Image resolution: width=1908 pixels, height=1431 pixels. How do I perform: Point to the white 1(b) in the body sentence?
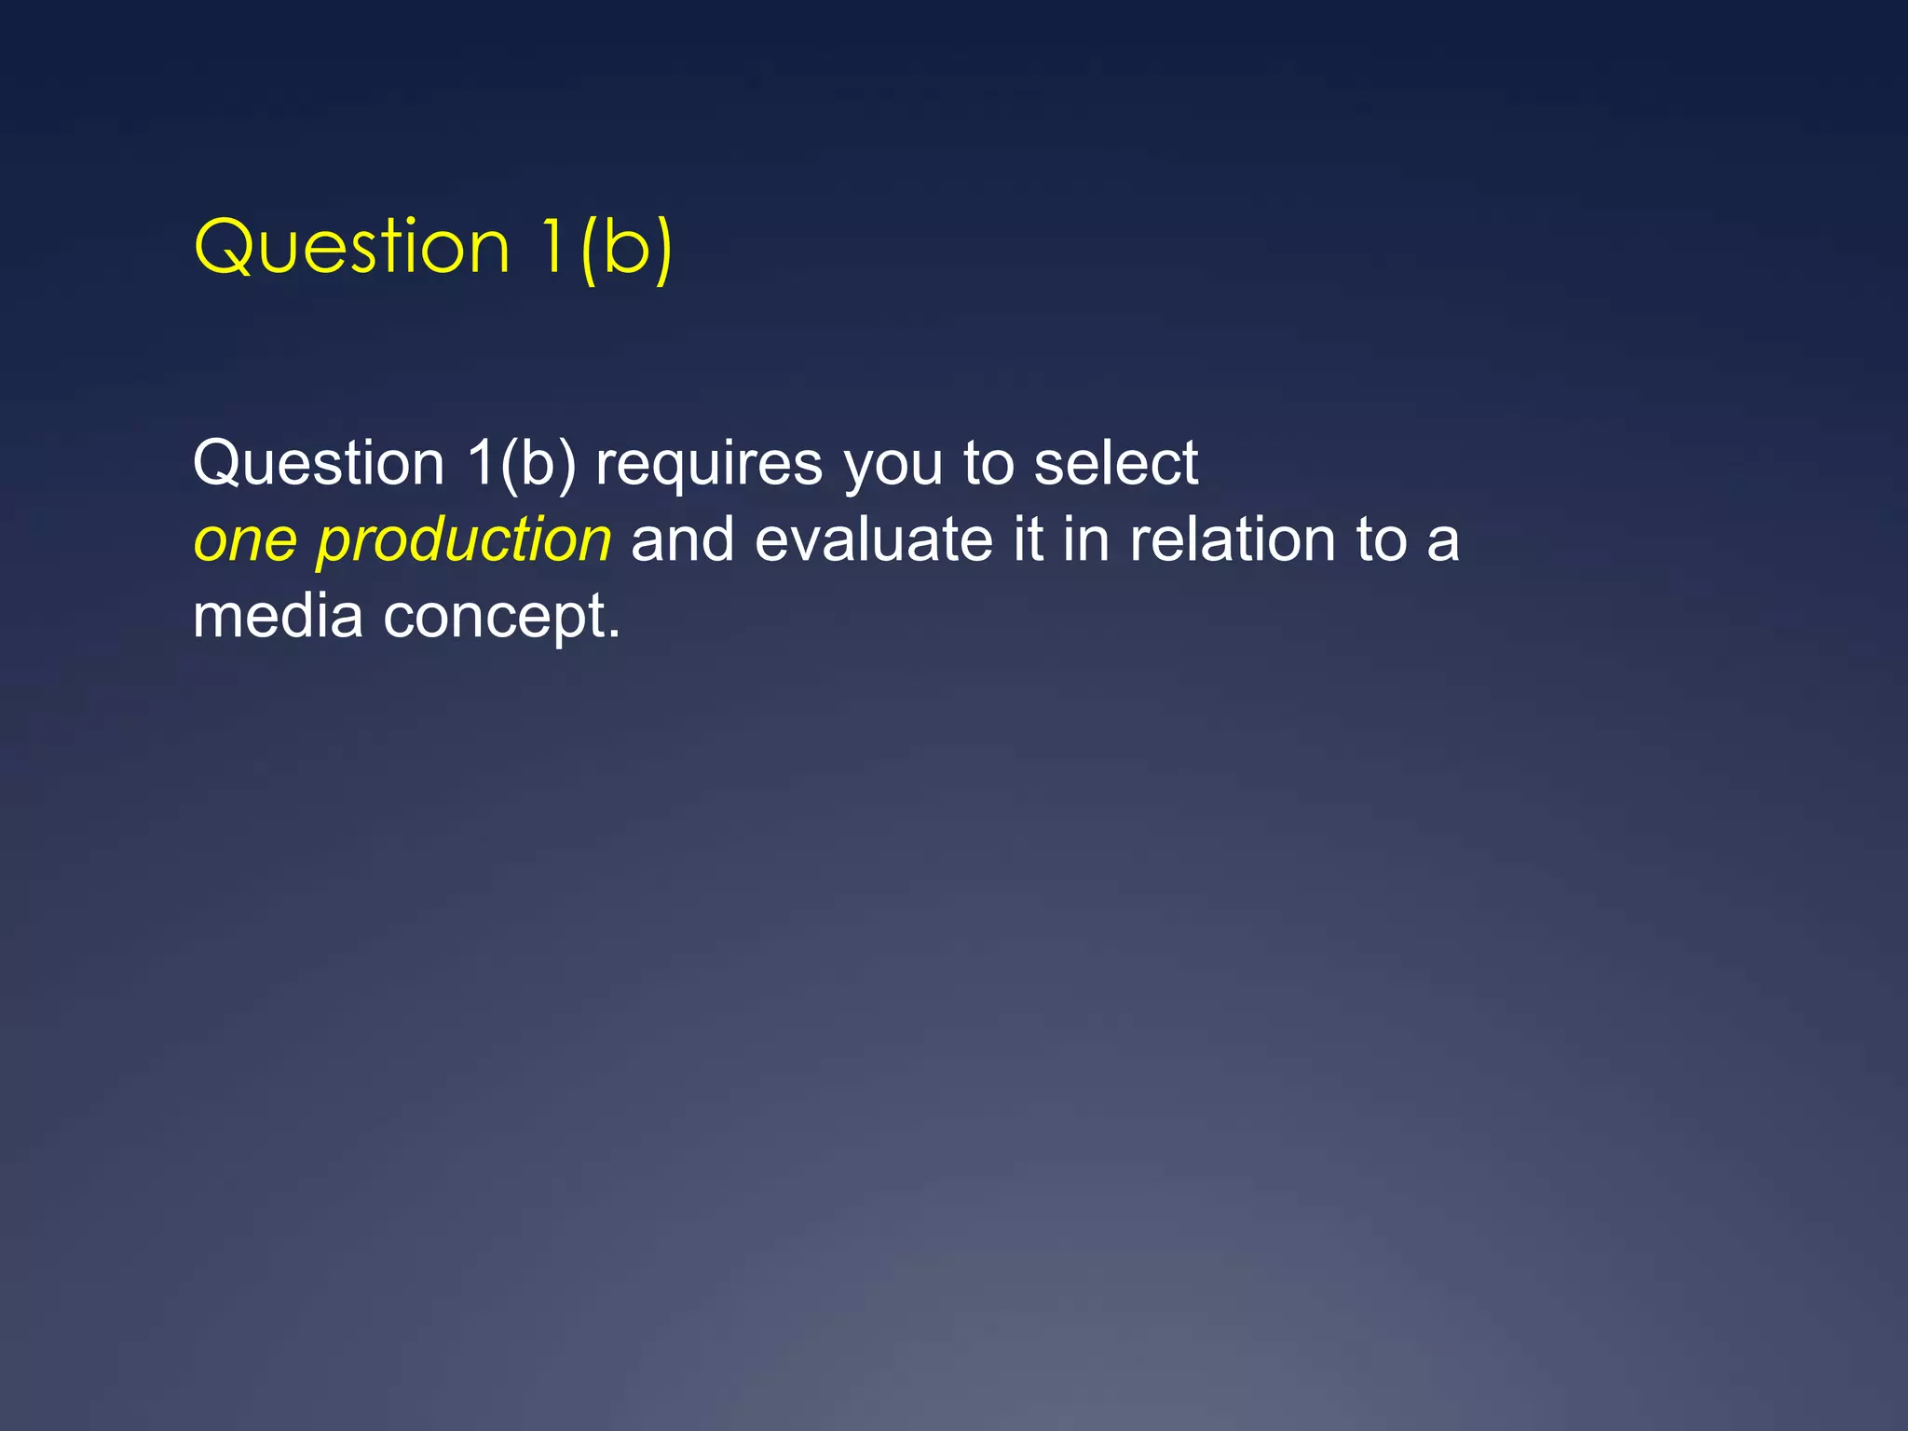point(522,463)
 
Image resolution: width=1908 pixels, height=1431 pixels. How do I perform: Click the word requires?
point(709,463)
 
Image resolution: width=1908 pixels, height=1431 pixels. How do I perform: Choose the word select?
point(1116,463)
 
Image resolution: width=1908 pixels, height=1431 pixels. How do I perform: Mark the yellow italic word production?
point(464,540)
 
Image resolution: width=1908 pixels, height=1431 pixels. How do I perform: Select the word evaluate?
point(874,540)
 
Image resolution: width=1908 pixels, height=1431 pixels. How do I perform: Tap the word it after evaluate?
point(1028,540)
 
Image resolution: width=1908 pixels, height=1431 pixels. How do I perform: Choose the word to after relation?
point(1382,540)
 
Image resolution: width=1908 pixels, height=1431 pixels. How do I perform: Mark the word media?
point(278,617)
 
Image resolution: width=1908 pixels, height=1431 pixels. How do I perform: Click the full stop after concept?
point(613,634)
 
